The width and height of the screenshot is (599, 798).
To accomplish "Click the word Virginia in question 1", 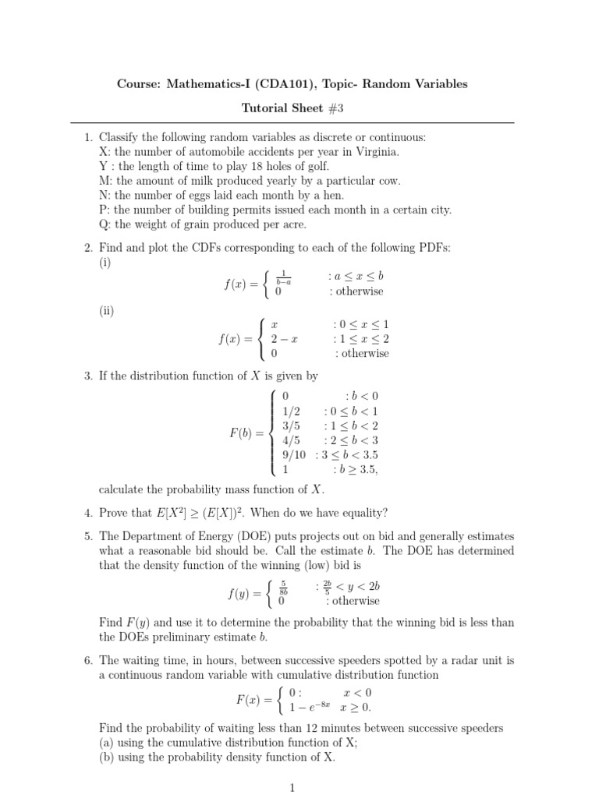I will pyautogui.click(x=376, y=152).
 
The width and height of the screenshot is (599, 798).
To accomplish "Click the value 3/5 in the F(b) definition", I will pyautogui.click(x=291, y=425).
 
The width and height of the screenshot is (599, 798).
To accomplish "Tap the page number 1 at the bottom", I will pyautogui.click(x=292, y=788).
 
